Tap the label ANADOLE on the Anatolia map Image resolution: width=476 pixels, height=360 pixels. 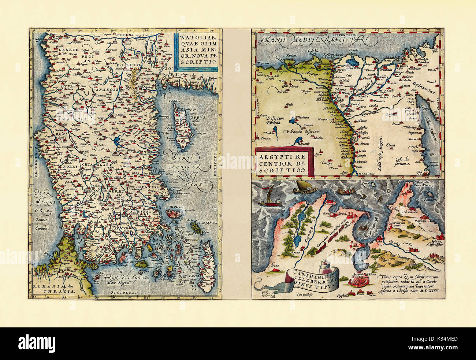(106, 89)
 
